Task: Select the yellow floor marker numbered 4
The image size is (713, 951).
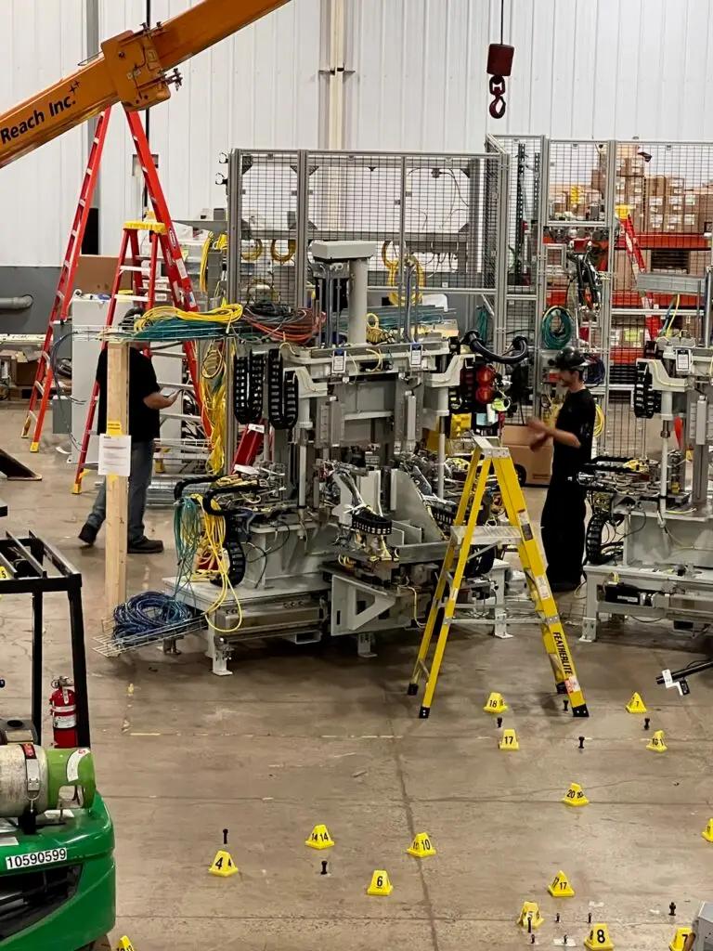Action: (223, 863)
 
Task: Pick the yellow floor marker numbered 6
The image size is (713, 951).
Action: (379, 882)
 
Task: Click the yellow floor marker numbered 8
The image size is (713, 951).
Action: (599, 936)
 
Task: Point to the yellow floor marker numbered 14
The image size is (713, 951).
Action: (319, 837)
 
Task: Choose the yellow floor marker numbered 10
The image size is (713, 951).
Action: (421, 844)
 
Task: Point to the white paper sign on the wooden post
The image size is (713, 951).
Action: (114, 454)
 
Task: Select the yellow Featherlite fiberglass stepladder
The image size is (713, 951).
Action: (499, 576)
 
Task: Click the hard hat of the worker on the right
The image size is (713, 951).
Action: (567, 358)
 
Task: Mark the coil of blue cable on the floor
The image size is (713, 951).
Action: (149, 614)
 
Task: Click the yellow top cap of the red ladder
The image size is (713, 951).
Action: (145, 224)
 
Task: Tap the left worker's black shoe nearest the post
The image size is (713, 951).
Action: (144, 544)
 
